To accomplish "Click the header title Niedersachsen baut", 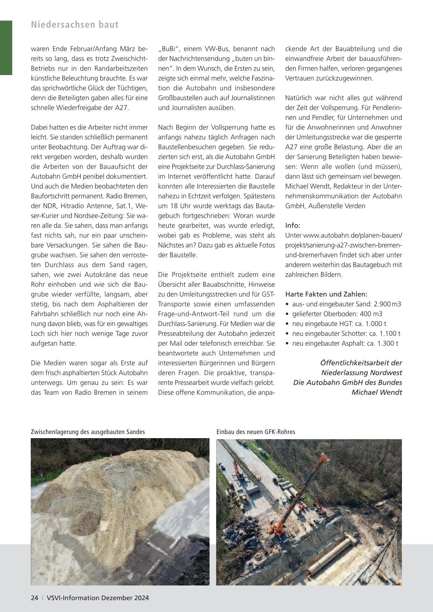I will [75, 25].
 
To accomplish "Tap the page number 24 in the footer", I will [34, 598].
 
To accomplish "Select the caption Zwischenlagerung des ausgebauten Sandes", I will [88, 432].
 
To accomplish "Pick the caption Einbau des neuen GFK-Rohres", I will [256, 432].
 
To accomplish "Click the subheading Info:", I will [293, 226].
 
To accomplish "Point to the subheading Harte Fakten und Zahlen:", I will [326, 294].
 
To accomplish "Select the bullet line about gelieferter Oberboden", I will [337, 314].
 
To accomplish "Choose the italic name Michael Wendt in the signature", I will [376, 392].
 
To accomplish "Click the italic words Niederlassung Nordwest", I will [361, 373].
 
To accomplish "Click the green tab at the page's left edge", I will [6, 47].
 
